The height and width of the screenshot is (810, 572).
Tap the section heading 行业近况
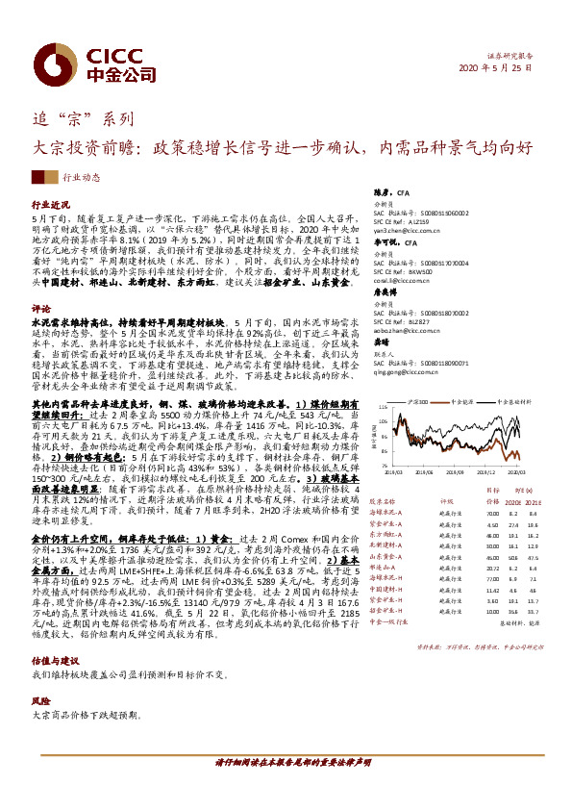[52, 206]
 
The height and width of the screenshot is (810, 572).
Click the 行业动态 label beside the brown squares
[83, 178]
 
